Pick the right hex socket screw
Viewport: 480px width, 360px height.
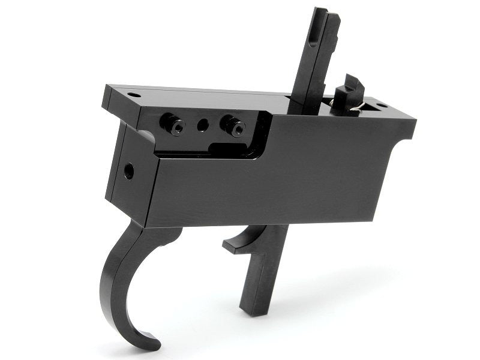point(234,126)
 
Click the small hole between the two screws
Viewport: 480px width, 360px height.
point(203,125)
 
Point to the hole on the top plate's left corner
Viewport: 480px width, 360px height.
point(133,95)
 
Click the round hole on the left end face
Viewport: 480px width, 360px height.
point(128,172)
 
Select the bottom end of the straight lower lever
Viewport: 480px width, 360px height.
point(252,309)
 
